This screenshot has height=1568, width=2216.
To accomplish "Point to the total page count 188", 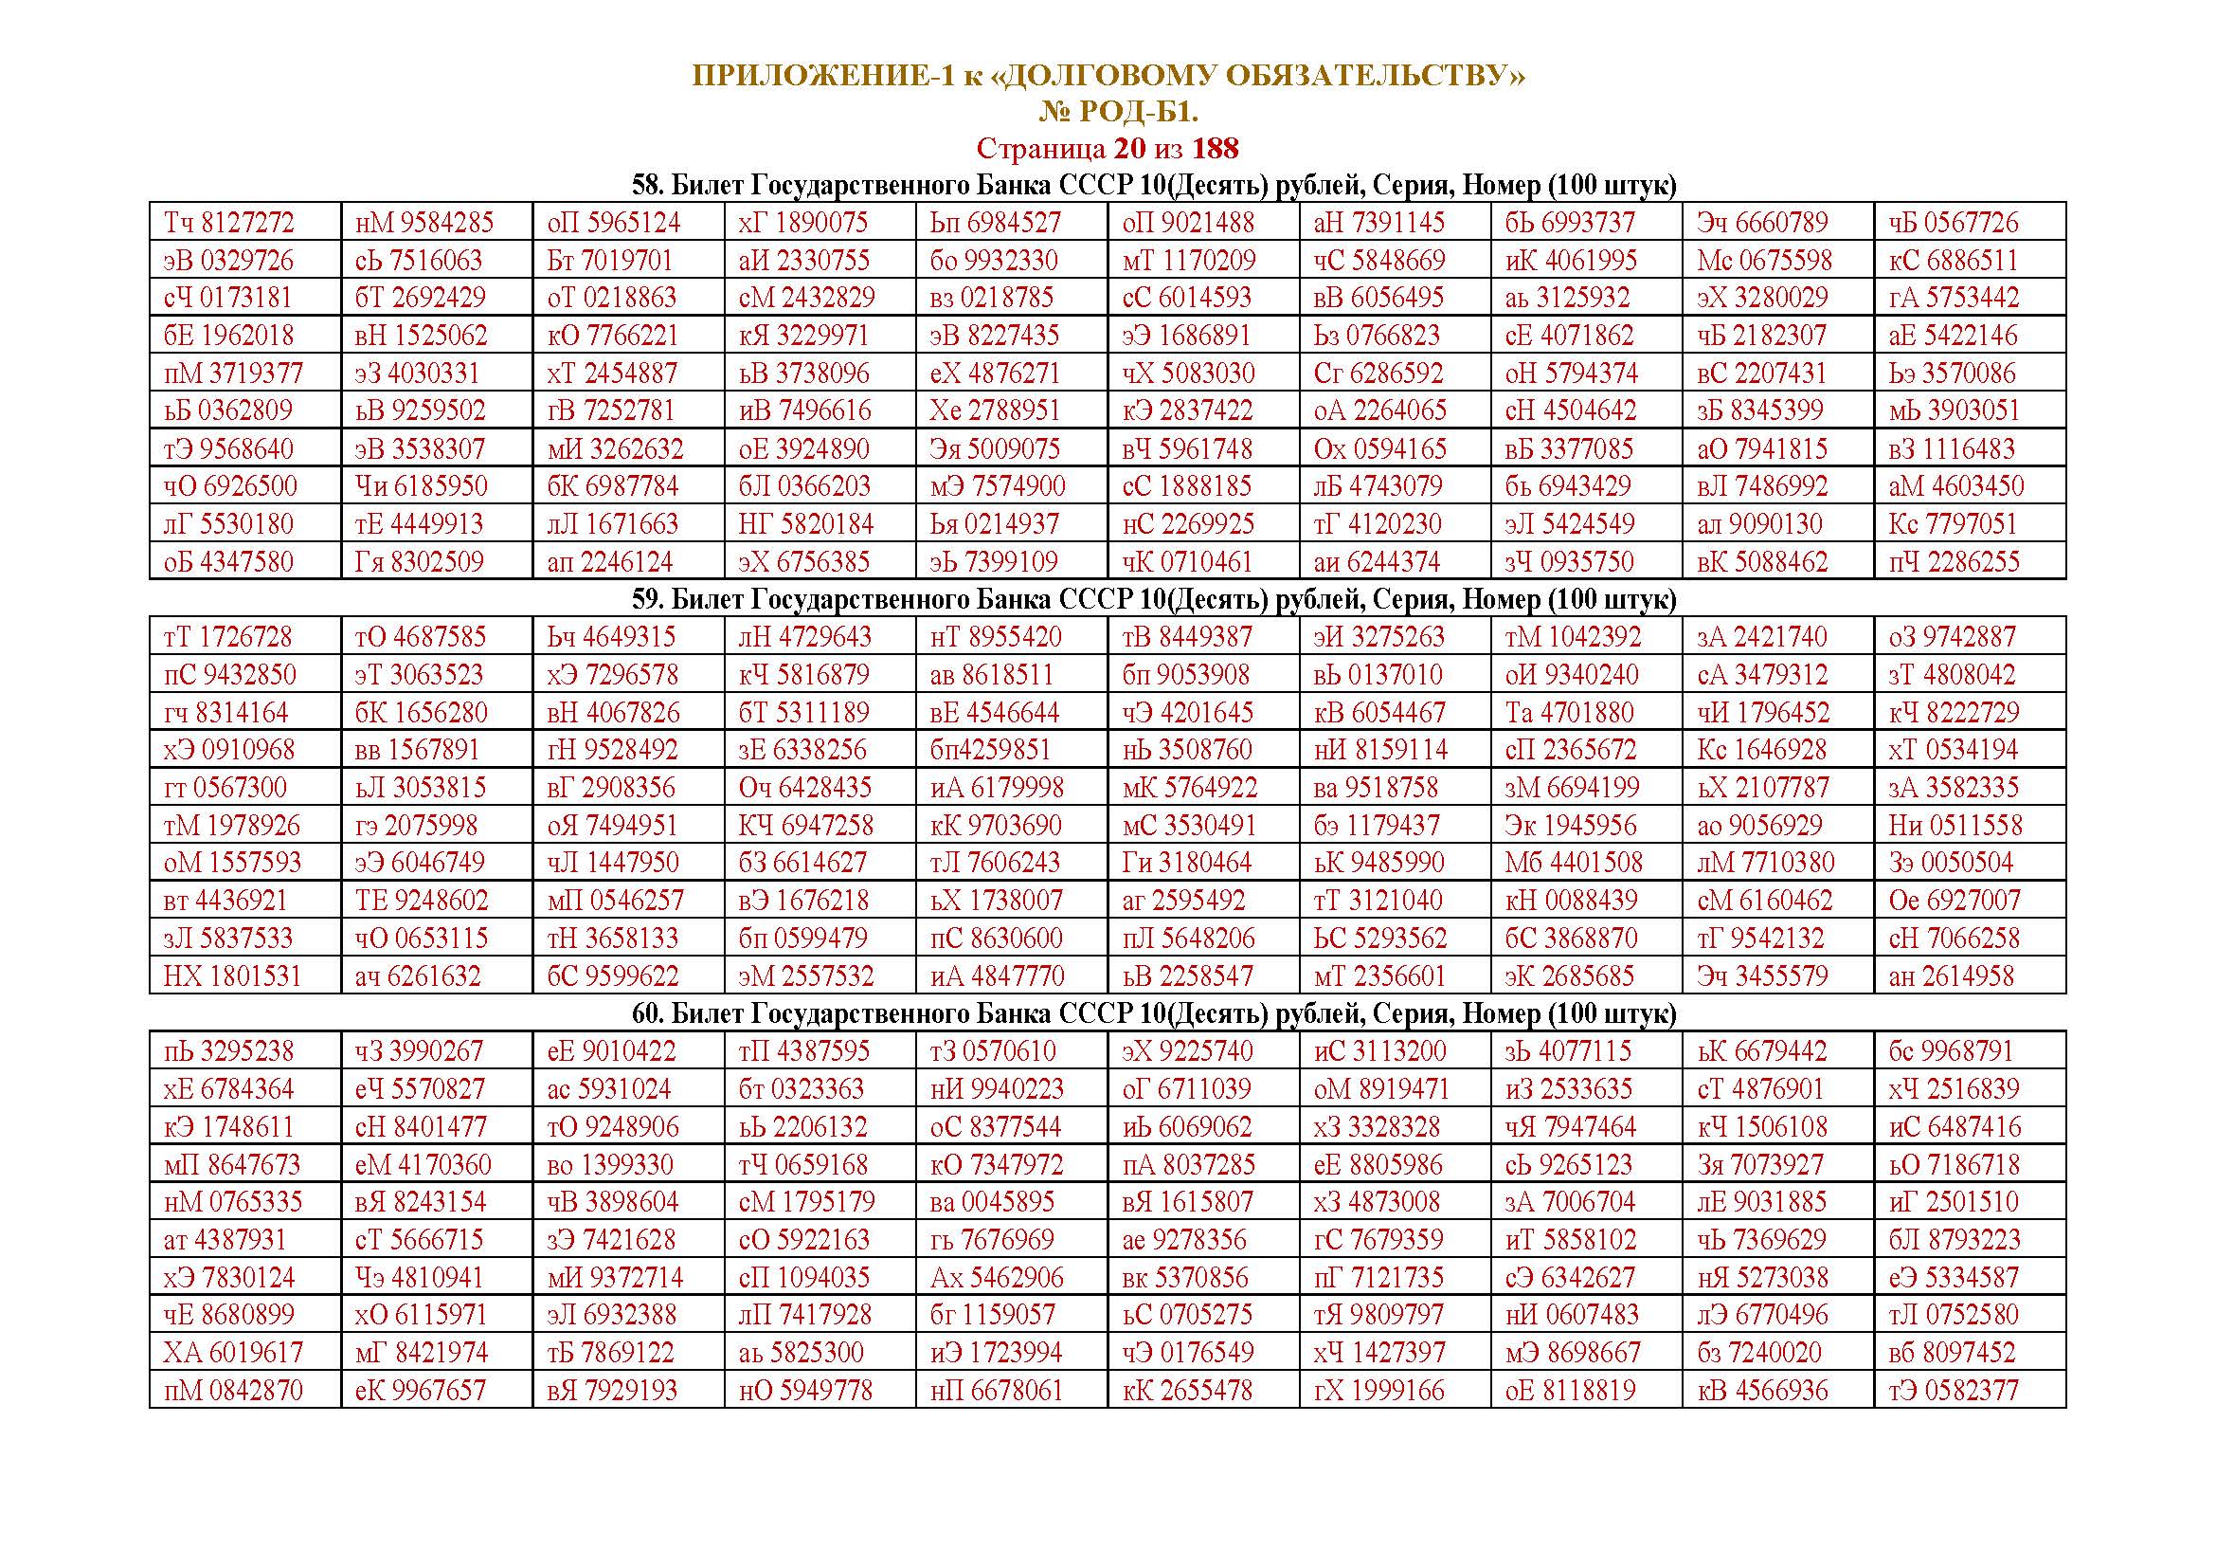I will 1216,149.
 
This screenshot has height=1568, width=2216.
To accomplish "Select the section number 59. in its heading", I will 649,599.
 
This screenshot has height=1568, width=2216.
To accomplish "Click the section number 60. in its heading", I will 649,1013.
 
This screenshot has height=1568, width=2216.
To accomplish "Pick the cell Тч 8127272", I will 228,223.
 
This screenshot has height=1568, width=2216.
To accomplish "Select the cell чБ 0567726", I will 1954,223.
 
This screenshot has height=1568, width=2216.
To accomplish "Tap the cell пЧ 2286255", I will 1954,562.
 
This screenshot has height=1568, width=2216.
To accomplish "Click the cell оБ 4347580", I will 228,562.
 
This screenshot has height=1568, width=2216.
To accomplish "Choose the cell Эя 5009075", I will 994,449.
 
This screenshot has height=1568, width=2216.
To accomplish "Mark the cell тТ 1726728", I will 228,637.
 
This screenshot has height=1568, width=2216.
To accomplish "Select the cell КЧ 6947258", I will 806,826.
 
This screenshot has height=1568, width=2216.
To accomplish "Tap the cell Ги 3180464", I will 1186,862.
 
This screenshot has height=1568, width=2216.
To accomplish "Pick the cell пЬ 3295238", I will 228,1051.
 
